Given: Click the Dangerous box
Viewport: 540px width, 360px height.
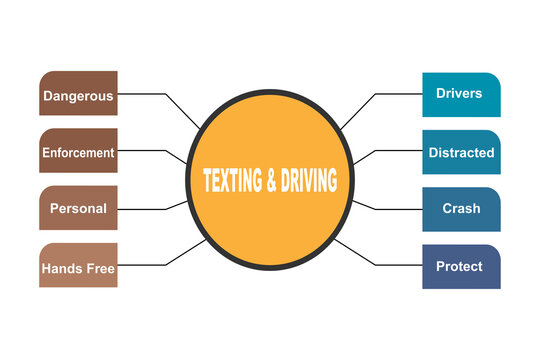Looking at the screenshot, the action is click(78, 95).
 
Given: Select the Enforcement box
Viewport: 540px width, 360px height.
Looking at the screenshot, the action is click(78, 152).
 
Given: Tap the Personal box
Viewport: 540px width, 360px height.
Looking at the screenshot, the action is click(78, 209).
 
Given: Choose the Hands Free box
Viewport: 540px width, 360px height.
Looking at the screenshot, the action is click(78, 267).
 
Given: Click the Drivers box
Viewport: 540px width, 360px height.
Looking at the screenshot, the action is click(460, 94).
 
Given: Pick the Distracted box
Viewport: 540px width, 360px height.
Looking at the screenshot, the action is click(460, 152).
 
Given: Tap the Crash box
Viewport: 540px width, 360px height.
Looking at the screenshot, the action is click(460, 209).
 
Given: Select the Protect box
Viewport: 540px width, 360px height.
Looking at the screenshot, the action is click(460, 266).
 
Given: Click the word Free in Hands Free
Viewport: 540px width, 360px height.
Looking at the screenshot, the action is click(101, 268).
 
